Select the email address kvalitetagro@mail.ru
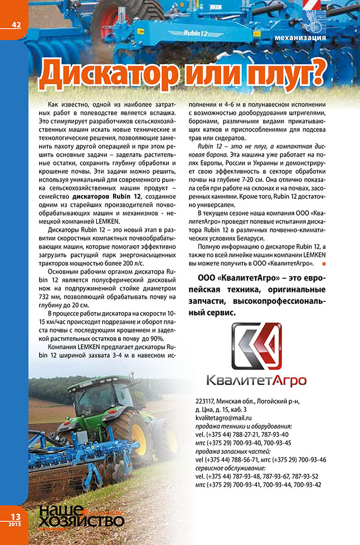click(x=224, y=417)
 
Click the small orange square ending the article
click(x=324, y=263)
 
